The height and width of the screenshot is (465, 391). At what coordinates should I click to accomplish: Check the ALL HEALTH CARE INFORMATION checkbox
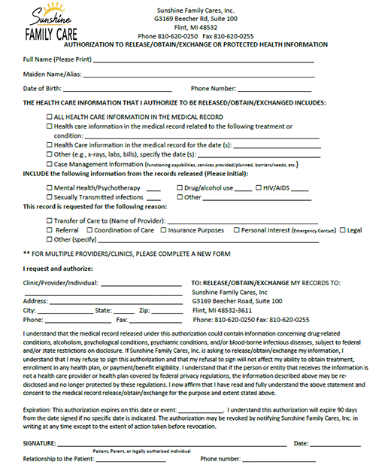click(50, 117)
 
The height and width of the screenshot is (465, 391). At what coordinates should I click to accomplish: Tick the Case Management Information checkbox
click(50, 163)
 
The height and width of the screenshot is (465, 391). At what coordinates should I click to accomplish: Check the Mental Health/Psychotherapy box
click(50, 187)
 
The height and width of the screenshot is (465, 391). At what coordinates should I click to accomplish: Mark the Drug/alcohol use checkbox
click(180, 187)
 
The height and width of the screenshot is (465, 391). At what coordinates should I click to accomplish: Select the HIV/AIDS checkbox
click(259, 187)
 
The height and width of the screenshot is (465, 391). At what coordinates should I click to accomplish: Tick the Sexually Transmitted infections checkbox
click(50, 197)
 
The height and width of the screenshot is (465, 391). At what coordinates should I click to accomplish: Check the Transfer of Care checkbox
click(50, 220)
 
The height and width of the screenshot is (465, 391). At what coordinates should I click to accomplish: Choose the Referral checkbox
click(50, 230)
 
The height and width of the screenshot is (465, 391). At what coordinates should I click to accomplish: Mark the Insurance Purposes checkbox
click(163, 230)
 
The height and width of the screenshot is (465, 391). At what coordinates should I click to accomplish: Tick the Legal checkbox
click(343, 230)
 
